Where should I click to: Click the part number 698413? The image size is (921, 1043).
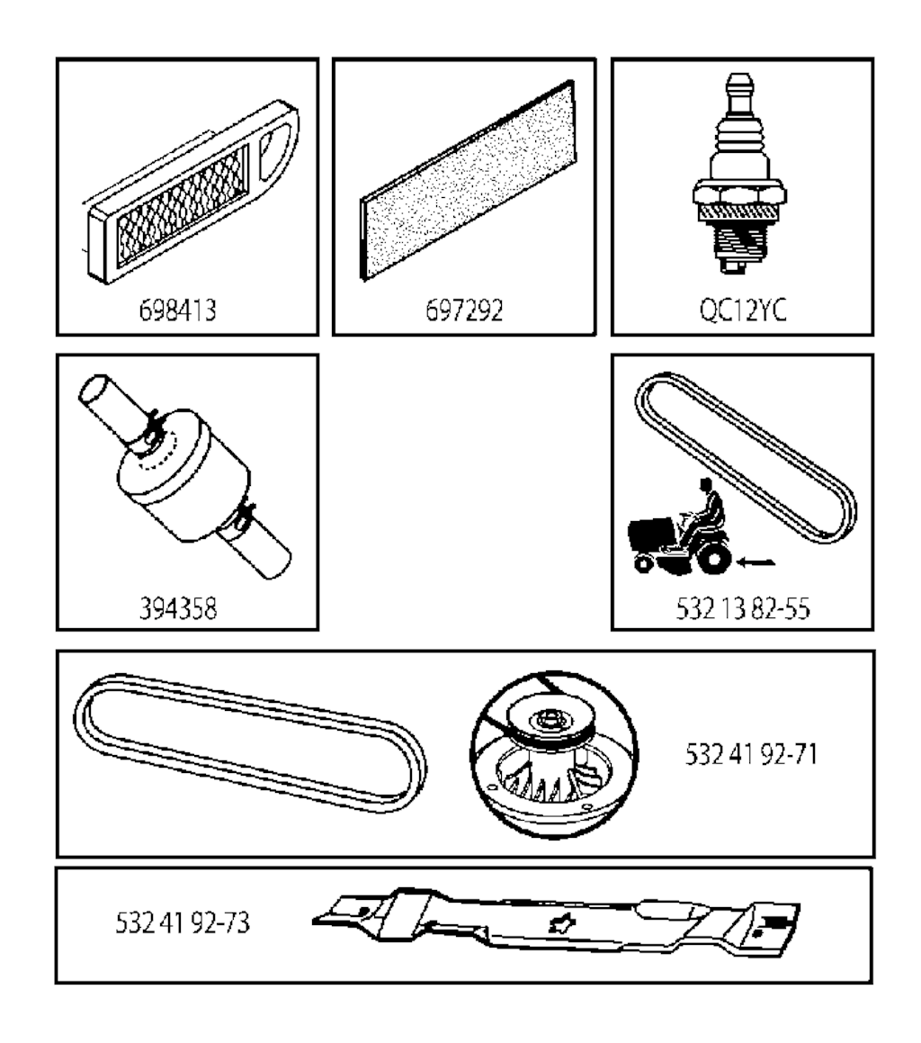point(177,310)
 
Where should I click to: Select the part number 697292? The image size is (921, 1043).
point(464,310)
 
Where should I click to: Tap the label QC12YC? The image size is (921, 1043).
point(743,310)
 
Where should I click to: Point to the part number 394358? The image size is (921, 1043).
point(177,608)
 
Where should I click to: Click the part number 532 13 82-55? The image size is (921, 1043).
point(743,608)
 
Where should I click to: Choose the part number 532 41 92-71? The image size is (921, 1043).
point(751,754)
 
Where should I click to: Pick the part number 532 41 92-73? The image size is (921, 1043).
point(183,922)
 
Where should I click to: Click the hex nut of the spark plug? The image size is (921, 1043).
point(739,193)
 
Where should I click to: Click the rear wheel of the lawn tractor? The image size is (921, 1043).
point(713,560)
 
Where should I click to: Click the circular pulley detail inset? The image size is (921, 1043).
point(555,754)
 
